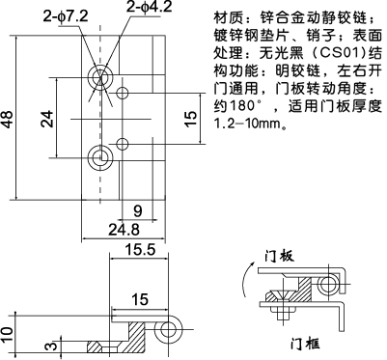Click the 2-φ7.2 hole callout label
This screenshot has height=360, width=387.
point(65,16)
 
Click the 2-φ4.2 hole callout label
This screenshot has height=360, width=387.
point(150,10)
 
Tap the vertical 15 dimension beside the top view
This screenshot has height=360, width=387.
point(191,120)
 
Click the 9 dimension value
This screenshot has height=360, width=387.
point(138,209)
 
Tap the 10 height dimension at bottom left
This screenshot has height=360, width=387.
point(9,334)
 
